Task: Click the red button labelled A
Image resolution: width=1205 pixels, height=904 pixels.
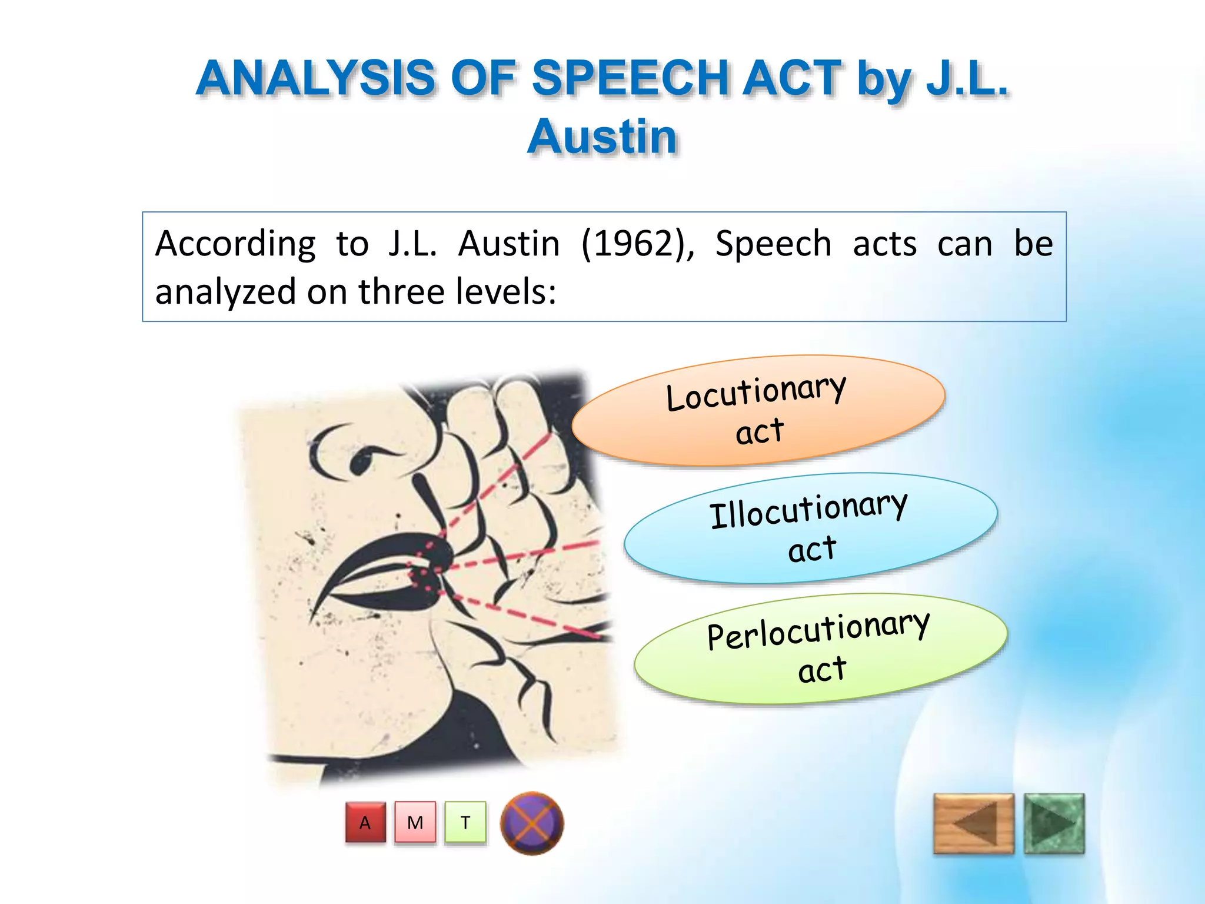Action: coord(365,822)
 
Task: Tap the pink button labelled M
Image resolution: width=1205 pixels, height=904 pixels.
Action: coord(415,822)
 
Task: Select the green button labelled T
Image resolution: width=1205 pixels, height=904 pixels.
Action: coord(465,822)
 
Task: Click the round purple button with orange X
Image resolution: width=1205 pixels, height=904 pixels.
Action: coord(532,823)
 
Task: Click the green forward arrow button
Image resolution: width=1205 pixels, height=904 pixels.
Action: coord(1054,823)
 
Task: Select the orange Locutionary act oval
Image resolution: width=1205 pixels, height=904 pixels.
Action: coord(758,410)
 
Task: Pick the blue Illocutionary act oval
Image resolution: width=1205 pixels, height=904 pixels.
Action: coord(810,528)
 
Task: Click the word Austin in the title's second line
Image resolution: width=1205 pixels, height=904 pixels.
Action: coord(602,137)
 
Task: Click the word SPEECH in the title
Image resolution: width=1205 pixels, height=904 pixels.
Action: coord(629,78)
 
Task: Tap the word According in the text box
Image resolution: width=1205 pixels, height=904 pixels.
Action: coord(235,244)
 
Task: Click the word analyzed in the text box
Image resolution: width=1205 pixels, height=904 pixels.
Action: coord(225,293)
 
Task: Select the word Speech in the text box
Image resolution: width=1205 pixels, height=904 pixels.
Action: coord(773,244)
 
